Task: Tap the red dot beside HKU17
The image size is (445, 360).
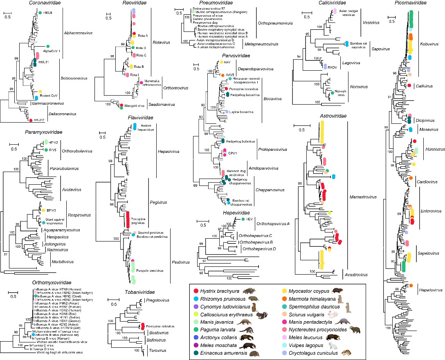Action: pos(31,120)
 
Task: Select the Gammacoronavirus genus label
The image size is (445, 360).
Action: pos(46,104)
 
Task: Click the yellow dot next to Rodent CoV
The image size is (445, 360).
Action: pos(40,92)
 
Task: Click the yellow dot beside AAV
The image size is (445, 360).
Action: pos(221,62)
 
